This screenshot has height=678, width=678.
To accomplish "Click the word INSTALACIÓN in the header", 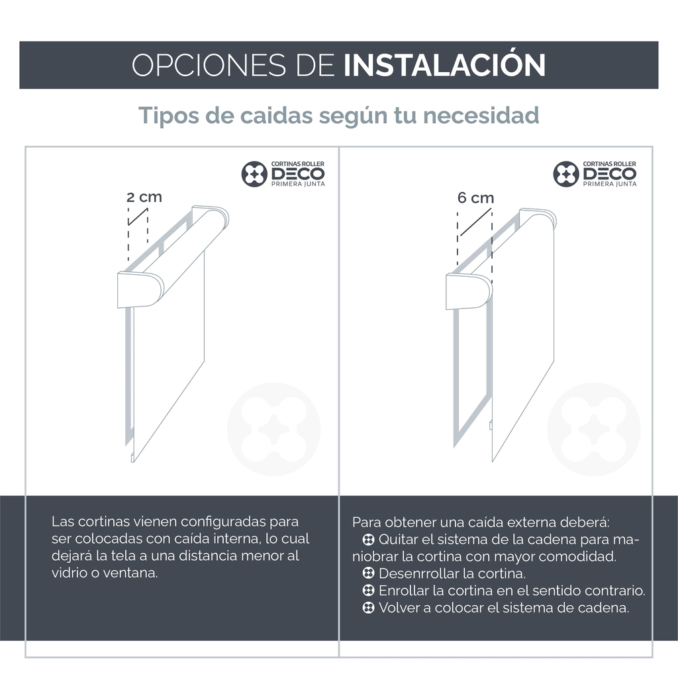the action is [444, 65].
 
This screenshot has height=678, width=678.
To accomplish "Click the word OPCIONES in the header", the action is [209, 66].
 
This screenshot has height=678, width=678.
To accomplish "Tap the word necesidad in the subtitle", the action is [481, 115].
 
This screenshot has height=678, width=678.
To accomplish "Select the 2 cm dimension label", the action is [144, 197].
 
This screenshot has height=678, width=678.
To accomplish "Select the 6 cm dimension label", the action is [475, 197].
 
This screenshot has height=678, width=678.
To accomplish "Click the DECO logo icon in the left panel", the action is [254, 174].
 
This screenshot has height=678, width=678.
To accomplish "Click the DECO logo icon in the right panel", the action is [566, 174].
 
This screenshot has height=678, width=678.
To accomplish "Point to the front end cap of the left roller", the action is [140, 290].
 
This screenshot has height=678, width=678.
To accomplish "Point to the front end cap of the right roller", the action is [469, 291].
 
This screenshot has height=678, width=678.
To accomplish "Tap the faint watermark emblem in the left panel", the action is [273, 429].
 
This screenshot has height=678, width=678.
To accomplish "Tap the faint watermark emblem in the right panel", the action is [594, 429].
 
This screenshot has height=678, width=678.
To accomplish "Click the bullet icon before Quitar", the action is [368, 540].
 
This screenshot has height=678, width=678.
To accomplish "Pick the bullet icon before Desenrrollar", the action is [368, 573].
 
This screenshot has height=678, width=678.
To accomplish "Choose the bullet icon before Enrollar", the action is [368, 590].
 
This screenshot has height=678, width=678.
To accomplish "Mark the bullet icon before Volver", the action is [368, 608].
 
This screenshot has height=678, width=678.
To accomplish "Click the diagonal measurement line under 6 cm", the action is [475, 222].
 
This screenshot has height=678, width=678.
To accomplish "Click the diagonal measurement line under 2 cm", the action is [138, 217].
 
